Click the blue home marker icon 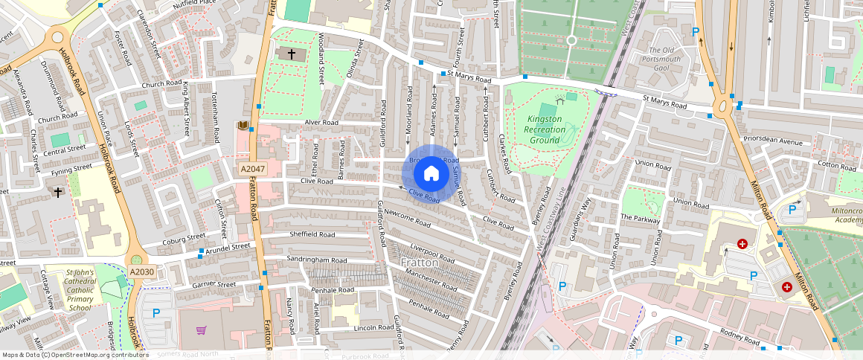pos(431,174)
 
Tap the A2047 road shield pos(251,170)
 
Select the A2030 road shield pos(141,272)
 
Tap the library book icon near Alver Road pos(242,126)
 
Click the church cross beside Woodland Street pos(291,54)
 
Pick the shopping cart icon pos(201,330)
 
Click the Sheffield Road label pos(312,234)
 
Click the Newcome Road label pos(407,218)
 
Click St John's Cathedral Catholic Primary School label pos(70,290)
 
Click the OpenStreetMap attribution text pos(75,355)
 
